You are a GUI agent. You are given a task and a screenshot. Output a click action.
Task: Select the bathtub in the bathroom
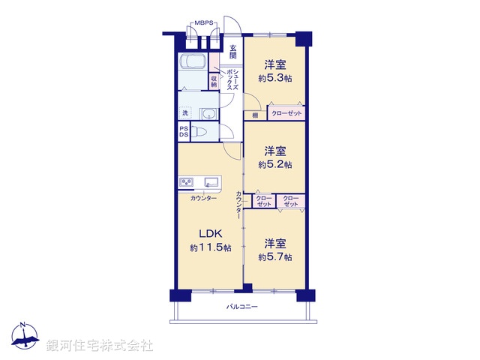coord(193,63)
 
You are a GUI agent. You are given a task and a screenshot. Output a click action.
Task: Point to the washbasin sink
coord(208,114)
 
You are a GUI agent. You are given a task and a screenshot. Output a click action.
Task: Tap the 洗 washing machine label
coord(184,114)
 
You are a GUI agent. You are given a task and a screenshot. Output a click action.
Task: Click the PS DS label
coord(184,132)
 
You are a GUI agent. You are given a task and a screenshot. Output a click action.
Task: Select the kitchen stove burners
coord(186,181)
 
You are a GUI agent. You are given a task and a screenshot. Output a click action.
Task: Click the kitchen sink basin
coord(211,181)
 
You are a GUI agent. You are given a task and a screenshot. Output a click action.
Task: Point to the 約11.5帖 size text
coord(210,247)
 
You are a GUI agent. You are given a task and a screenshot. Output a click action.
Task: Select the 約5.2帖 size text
coord(275,164)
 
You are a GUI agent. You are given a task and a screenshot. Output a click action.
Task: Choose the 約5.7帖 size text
coord(275,257)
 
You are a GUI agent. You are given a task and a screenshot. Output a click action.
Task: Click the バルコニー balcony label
coord(242,307)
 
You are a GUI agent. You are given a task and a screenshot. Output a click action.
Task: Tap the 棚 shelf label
coord(255,115)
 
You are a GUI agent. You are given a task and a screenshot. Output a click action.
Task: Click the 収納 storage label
coord(214,80)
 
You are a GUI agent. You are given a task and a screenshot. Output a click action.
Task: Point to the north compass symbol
coord(24,337)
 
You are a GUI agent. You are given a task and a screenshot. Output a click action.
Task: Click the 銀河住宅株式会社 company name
coord(100,346)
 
